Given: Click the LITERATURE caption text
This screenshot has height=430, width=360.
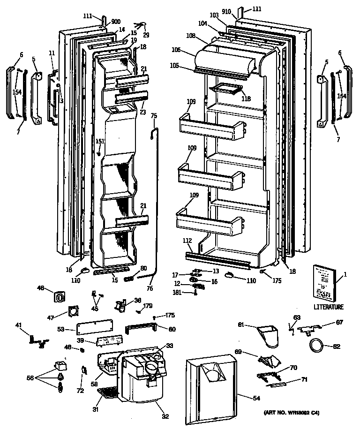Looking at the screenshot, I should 328,307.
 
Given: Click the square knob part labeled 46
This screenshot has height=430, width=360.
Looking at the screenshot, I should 60,297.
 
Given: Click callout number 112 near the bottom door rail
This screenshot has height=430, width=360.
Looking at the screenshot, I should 187,241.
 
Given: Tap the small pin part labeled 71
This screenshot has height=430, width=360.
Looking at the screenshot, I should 276,384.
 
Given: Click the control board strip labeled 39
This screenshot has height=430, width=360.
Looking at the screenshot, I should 111,341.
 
